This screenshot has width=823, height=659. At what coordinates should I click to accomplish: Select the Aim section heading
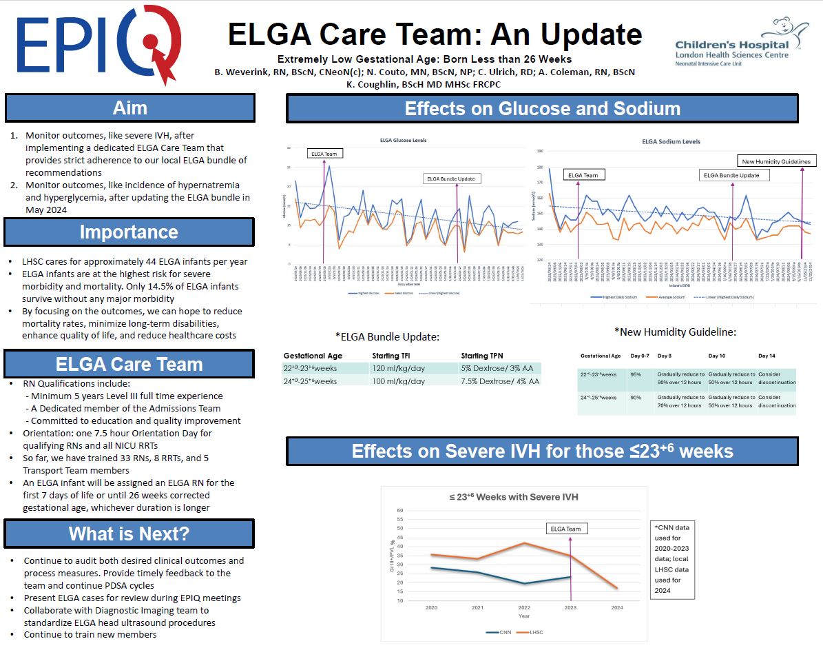pyautogui.click(x=129, y=108)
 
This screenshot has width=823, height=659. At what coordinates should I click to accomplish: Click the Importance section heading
pyautogui.click(x=129, y=232)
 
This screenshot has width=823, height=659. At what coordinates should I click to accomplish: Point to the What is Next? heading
pyautogui.click(x=129, y=534)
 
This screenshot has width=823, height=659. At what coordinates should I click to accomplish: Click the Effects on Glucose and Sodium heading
pyautogui.click(x=542, y=109)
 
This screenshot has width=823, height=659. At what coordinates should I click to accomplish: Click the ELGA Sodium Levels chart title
pyautogui.click(x=671, y=142)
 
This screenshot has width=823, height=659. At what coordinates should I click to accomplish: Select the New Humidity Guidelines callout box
pyautogui.click(x=775, y=161)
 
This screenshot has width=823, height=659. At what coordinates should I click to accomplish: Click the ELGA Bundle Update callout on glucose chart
pyautogui.click(x=452, y=179)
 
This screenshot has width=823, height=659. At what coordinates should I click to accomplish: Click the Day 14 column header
pyautogui.click(x=767, y=356)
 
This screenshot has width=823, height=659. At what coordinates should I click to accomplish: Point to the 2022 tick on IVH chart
pyautogui.click(x=524, y=608)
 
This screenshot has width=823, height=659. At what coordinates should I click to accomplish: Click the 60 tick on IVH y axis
pyautogui.click(x=399, y=511)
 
